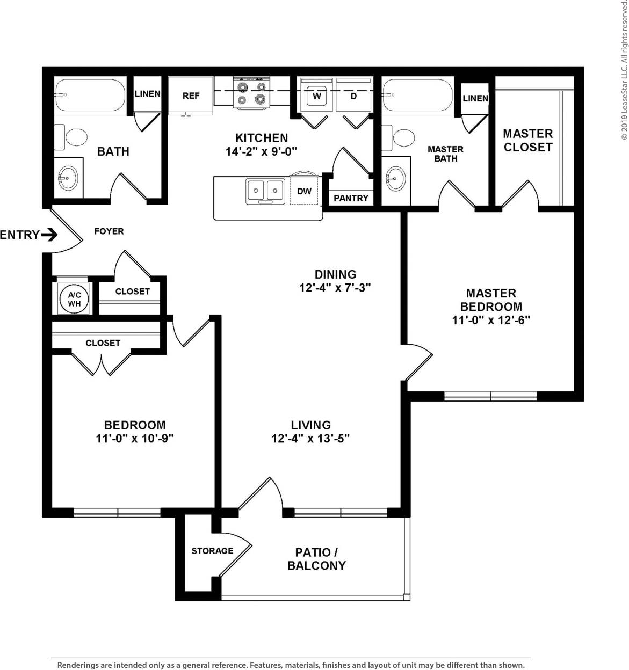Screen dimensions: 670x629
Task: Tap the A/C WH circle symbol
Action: (74, 299)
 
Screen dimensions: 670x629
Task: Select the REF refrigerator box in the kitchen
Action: (191, 96)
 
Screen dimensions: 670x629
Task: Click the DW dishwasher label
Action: (304, 191)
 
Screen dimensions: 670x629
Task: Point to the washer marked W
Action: (317, 96)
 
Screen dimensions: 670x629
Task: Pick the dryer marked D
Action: (353, 96)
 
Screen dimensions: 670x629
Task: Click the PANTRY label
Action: (351, 198)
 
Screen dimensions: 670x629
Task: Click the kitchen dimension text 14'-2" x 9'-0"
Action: (262, 152)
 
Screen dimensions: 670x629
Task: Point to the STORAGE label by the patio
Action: (212, 551)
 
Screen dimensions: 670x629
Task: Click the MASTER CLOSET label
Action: (527, 140)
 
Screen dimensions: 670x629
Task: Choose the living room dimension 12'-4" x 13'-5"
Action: (310, 439)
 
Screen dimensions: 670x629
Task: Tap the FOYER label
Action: (109, 231)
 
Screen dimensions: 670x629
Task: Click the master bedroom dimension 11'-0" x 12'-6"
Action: (491, 320)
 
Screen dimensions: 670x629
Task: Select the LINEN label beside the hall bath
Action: (147, 93)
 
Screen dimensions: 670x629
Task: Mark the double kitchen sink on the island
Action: (265, 191)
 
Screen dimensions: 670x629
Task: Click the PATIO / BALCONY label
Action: (316, 559)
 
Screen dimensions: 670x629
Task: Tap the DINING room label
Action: (335, 274)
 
